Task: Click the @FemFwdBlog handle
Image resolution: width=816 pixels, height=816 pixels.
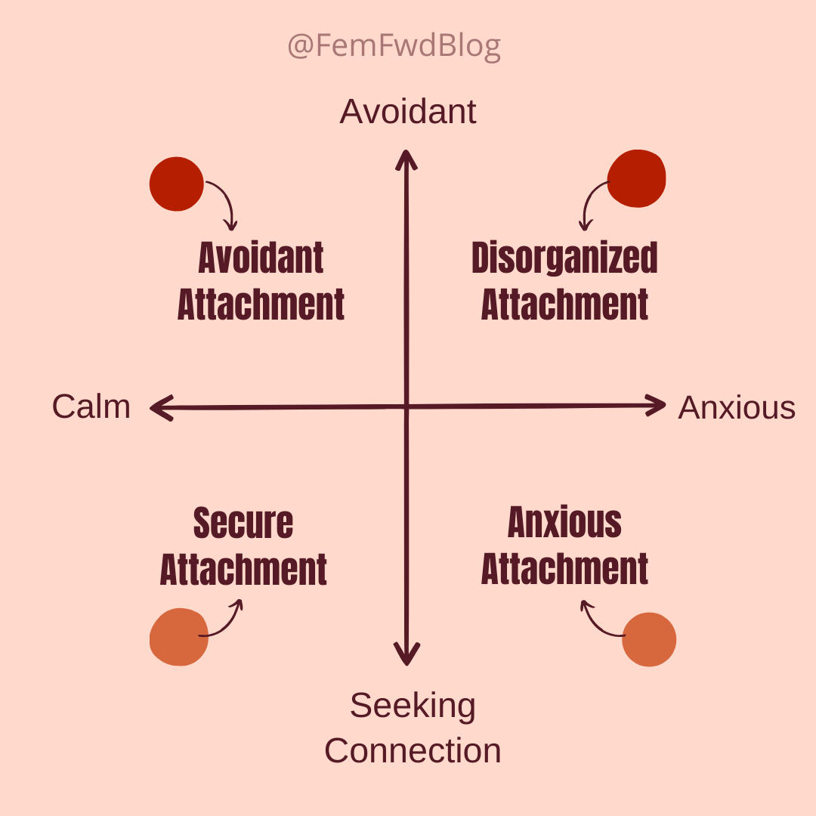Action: (394, 47)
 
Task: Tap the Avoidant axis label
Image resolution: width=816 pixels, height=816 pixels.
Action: (408, 112)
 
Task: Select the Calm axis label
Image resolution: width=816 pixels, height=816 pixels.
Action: (91, 406)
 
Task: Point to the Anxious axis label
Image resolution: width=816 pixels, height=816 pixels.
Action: (737, 407)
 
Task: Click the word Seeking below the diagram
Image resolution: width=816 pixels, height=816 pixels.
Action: (413, 706)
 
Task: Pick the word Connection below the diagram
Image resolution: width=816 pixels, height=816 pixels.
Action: (413, 751)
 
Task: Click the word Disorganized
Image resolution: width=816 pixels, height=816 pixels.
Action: (564, 258)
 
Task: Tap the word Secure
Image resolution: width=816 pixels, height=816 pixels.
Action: (243, 523)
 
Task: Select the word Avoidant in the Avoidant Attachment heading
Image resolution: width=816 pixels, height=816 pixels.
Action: (261, 258)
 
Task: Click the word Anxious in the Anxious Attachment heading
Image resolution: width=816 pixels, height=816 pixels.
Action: (564, 523)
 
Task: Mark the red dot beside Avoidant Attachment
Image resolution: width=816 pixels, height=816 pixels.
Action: (177, 184)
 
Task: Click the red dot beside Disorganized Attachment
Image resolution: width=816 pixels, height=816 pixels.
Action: (636, 178)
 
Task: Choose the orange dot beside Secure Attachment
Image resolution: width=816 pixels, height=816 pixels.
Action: (179, 637)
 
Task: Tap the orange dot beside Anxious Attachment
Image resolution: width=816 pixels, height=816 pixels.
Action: (649, 639)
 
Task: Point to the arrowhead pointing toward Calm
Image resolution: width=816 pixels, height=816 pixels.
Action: (159, 409)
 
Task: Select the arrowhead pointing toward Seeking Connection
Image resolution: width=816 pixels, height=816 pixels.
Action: (407, 656)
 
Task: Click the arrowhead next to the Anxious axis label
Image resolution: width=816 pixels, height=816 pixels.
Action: (657, 406)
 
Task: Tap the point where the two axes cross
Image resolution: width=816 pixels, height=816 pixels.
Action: (407, 407)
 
